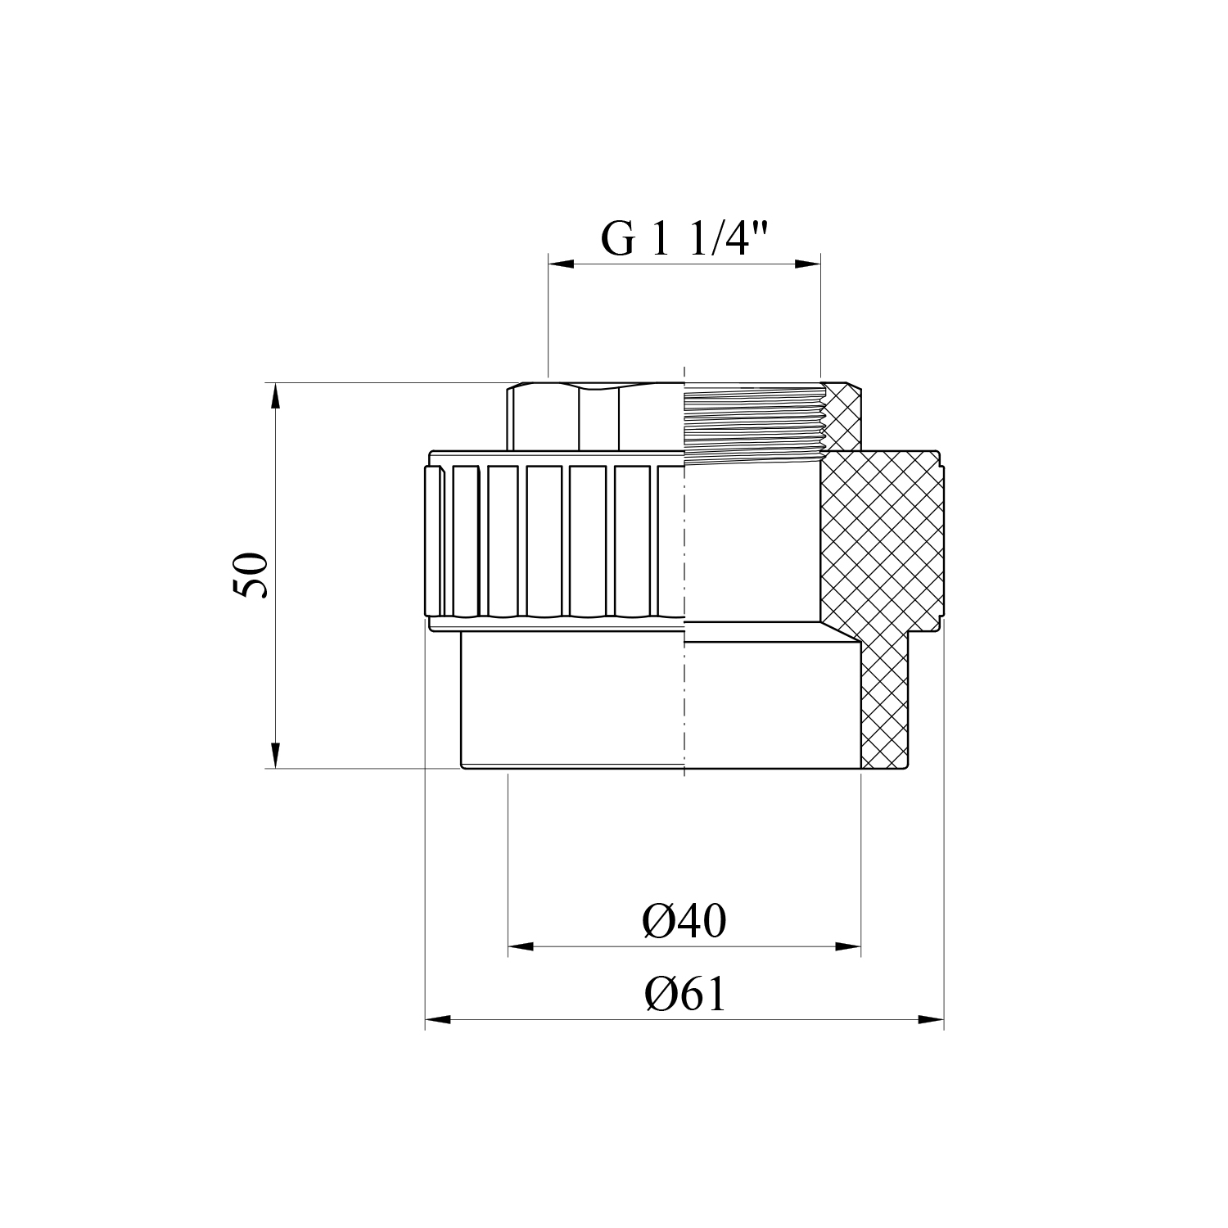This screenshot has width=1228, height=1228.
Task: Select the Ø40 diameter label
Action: click(684, 922)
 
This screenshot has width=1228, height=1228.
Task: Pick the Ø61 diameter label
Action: click(685, 995)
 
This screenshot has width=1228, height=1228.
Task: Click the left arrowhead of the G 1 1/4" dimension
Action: click(560, 264)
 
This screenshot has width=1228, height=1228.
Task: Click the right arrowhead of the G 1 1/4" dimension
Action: click(807, 264)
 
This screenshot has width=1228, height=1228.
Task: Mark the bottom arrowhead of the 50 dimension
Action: click(276, 755)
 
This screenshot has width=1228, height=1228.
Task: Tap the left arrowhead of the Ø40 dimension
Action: click(521, 947)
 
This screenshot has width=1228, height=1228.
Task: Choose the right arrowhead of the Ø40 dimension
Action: click(848, 947)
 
